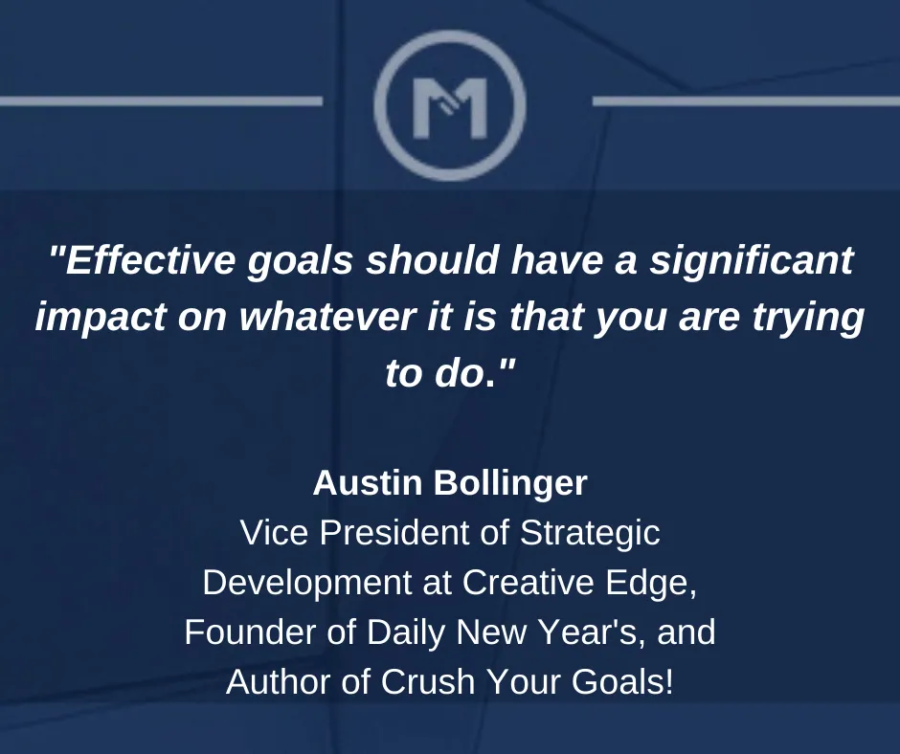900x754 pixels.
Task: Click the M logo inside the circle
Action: tap(450, 108)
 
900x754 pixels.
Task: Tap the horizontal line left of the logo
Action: tap(161, 101)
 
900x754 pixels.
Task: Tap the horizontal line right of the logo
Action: tap(746, 101)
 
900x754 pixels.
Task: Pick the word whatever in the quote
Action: tap(327, 316)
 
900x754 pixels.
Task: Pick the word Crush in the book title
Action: tap(428, 681)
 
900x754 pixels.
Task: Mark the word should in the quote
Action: tap(432, 259)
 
